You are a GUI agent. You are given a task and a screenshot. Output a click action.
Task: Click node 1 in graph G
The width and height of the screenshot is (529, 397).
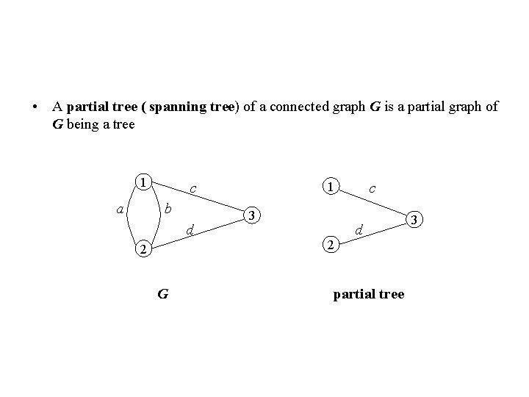click(x=144, y=182)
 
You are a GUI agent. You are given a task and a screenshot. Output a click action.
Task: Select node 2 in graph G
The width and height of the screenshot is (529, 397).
click(x=144, y=251)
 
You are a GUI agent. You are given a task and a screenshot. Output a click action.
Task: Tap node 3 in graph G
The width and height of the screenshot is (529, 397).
click(x=252, y=216)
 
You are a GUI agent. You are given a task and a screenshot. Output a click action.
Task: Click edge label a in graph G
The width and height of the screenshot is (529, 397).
click(x=119, y=210)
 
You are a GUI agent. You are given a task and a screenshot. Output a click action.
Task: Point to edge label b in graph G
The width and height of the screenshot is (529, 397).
click(x=167, y=210)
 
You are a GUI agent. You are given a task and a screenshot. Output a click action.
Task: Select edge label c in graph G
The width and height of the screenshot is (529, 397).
click(x=192, y=189)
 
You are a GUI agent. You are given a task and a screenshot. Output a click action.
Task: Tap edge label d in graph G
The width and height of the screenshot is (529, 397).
click(x=190, y=232)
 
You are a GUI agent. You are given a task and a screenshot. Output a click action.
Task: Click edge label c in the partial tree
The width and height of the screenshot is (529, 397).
click(x=373, y=189)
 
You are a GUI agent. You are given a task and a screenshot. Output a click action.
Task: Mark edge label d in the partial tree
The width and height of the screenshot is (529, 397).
click(x=359, y=232)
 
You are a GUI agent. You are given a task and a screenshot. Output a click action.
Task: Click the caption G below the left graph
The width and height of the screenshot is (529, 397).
click(x=162, y=295)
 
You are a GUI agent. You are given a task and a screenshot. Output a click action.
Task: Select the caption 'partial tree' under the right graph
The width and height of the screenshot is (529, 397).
click(x=368, y=294)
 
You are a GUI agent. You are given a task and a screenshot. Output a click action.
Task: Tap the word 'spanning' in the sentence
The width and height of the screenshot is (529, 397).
click(x=179, y=107)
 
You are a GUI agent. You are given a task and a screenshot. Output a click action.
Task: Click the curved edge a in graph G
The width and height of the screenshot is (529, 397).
click(x=130, y=216)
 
